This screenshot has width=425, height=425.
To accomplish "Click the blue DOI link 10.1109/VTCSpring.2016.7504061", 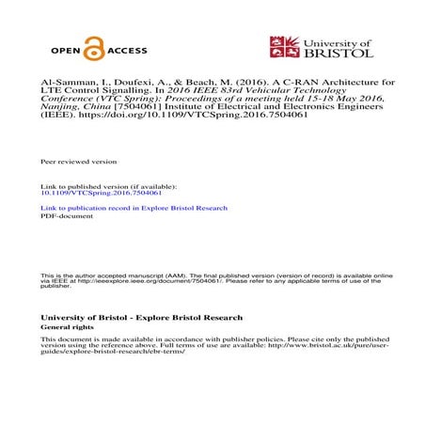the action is coord(94,192).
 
